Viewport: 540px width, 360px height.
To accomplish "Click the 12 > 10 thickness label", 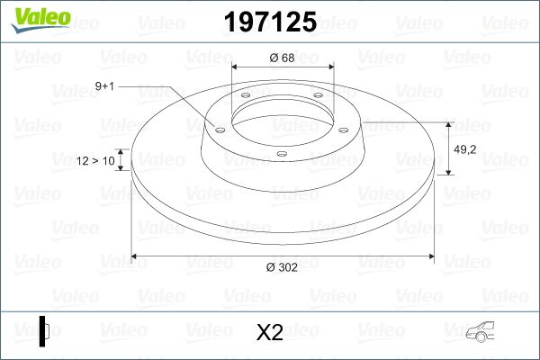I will tap(96, 161).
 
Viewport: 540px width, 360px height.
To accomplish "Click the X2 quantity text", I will tap(269, 333).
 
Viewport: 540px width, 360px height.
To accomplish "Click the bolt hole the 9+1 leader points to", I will tap(218, 127).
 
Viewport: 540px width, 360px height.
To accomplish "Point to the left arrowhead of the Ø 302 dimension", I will tap(136, 257).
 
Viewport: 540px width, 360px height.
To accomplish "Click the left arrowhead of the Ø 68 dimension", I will tap(237, 67).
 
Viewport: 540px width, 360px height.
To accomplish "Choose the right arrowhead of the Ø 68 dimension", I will tap(328, 67).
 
